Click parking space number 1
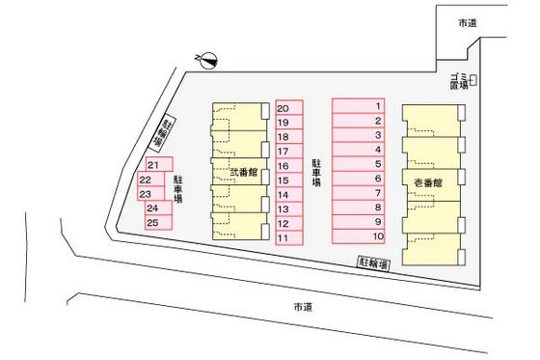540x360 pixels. point(361,106)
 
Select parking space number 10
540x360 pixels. point(361,235)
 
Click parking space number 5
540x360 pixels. point(361,164)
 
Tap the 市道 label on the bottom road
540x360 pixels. point(303,307)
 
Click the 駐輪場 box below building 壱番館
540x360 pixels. point(373,262)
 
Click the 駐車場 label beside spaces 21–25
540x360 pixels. point(178,189)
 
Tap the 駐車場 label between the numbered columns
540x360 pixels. point(316,172)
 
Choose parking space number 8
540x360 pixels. point(361,207)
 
